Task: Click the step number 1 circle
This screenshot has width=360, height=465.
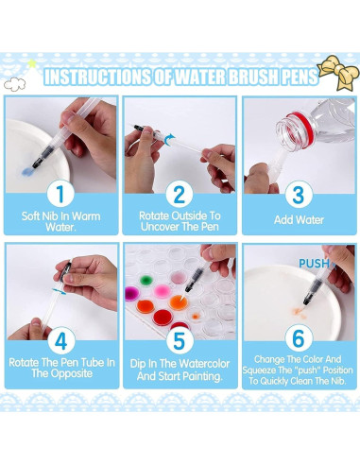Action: pos(60,194)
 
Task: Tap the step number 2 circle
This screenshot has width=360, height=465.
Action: pos(180,195)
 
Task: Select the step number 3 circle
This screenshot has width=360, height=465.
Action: pos(299,195)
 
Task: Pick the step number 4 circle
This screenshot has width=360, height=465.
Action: pos(61,340)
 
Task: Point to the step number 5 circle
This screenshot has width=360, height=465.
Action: pos(180,340)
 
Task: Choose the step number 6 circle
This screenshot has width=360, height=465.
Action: pos(299,338)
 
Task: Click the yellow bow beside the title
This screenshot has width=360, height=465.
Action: pos(338,73)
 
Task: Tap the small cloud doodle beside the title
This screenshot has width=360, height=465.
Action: pos(14,84)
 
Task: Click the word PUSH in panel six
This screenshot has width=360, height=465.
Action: pos(314,264)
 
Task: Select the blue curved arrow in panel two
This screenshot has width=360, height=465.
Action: pos(169,140)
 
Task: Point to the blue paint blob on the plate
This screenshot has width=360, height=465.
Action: pos(27,172)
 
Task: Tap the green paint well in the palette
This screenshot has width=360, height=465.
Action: pos(146,280)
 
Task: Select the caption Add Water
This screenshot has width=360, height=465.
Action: pos(299,220)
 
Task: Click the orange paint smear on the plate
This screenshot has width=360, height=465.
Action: pos(298,313)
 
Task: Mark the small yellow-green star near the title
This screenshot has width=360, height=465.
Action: pos(32,63)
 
